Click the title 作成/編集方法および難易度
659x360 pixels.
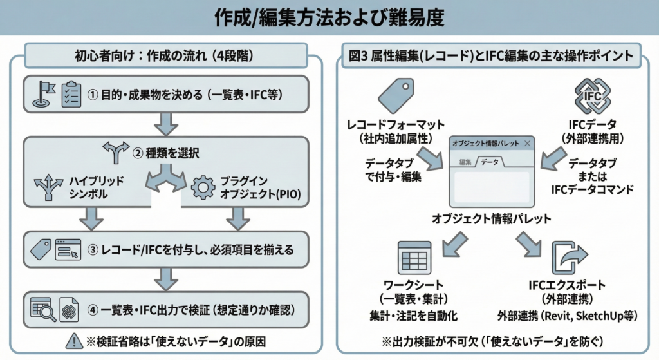tap(329, 17)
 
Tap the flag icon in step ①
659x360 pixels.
tap(44, 94)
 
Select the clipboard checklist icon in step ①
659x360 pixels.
tap(70, 95)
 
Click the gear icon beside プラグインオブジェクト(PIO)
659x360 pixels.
tap(204, 187)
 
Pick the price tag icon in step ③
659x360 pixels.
tap(42, 249)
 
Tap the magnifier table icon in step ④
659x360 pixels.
tap(42, 310)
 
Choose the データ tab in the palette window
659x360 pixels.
tap(490, 163)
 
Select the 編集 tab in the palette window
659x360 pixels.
tap(464, 163)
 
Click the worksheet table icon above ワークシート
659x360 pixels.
tap(414, 258)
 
